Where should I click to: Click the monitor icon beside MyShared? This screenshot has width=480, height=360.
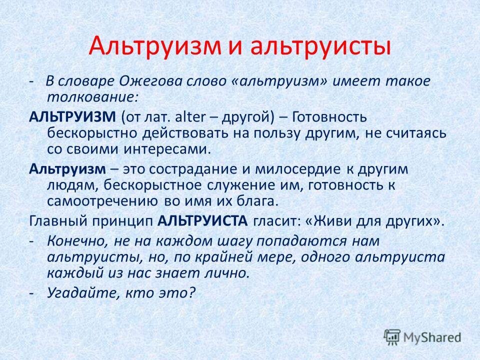392,336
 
